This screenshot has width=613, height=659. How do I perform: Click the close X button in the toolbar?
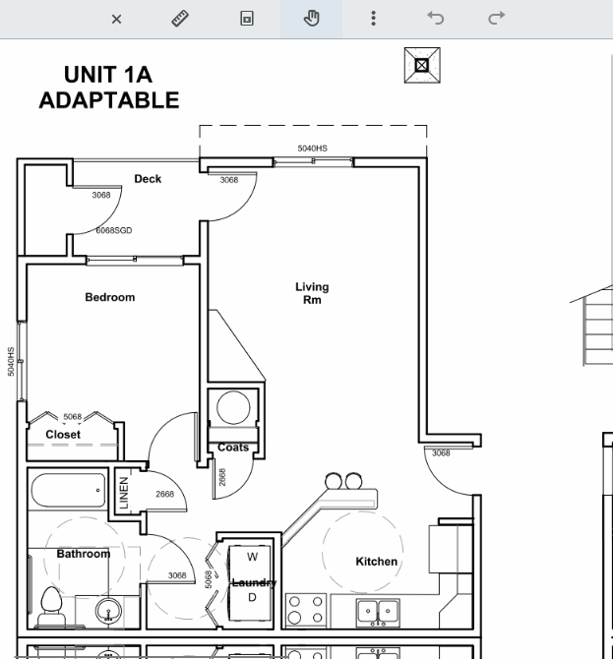[116, 19]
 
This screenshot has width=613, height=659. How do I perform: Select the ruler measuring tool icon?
[180, 19]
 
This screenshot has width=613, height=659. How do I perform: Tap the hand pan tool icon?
[312, 19]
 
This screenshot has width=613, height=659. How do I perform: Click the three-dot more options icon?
[373, 19]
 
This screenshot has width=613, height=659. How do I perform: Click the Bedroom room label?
[110, 297]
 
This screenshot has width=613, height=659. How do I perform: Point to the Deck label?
[148, 179]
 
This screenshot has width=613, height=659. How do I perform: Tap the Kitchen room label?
[376, 562]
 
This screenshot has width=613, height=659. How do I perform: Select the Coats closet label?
[233, 448]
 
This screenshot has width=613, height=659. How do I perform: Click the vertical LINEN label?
[124, 493]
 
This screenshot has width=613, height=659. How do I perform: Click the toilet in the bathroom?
[52, 606]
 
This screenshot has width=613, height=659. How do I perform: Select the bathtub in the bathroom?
[68, 490]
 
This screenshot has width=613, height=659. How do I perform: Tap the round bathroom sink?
[108, 610]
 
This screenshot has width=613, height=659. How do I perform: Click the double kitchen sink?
[378, 613]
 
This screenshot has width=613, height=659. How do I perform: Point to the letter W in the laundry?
[252, 557]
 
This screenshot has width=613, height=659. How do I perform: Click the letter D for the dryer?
[252, 597]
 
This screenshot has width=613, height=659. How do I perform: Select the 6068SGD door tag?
[114, 230]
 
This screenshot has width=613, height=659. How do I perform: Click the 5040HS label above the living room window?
[312, 149]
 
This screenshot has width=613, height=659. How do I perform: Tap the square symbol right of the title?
[422, 65]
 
